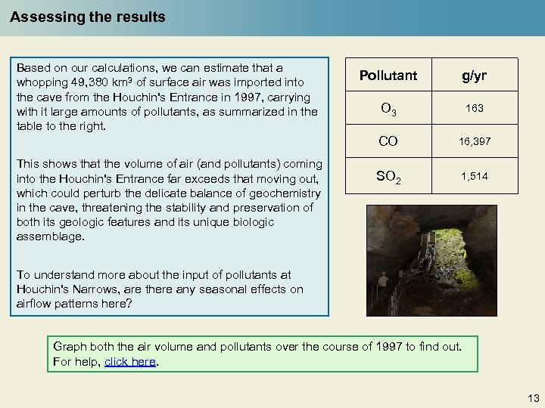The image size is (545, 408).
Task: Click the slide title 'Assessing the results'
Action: (88, 17)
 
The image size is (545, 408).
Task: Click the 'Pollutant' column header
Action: (388, 76)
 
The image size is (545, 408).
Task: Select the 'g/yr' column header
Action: (474, 76)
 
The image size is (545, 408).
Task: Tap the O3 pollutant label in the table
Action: (388, 110)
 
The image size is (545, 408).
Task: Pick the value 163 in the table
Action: (474, 109)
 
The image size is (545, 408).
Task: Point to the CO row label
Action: (388, 141)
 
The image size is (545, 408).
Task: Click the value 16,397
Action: (474, 142)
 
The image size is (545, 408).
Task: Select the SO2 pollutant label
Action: (388, 177)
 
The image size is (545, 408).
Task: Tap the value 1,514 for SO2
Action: (474, 176)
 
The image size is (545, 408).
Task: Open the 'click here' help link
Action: (130, 362)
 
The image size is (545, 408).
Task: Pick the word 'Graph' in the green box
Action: (69, 347)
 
